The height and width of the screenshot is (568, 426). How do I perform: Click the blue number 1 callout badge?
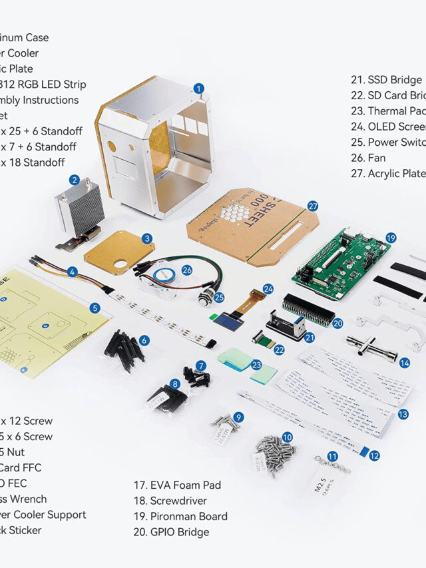(x=198, y=88)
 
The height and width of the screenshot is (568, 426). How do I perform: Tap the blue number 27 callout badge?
(x=314, y=206)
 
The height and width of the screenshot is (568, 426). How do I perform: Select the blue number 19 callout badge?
(x=391, y=237)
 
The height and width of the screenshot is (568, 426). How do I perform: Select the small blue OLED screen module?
(x=226, y=317)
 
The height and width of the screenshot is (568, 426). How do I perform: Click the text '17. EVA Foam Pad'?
(x=177, y=485)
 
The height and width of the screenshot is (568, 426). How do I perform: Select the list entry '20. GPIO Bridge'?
(x=171, y=531)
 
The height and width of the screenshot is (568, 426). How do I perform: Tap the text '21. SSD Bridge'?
(x=387, y=80)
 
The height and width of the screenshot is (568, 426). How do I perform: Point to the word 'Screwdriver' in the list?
(x=178, y=501)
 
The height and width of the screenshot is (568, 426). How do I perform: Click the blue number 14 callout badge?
(x=405, y=363)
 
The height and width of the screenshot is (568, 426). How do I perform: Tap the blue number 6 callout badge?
(x=144, y=340)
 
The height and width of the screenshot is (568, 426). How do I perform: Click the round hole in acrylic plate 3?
(x=122, y=265)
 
